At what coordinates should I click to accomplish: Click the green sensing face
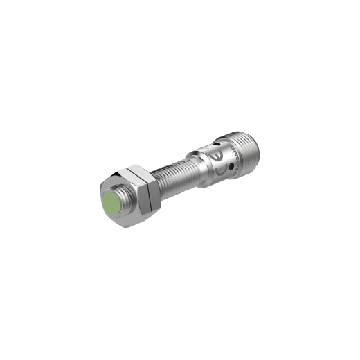coord(113,205)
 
